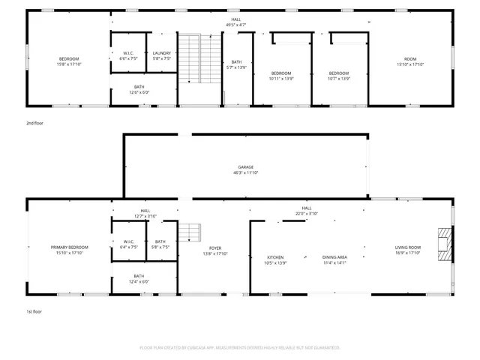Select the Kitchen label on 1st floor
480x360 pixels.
click(275, 259)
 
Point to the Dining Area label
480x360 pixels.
click(334, 259)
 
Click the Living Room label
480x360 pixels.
click(409, 250)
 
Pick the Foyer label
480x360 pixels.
click(215, 250)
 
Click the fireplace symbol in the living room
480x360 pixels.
click(446, 244)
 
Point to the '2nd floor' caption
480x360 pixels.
click(35, 122)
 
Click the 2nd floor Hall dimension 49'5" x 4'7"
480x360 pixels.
click(236, 25)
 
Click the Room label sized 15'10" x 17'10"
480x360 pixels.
click(410, 61)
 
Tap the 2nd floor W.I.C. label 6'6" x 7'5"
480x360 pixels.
click(128, 55)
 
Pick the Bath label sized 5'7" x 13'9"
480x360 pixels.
click(237, 64)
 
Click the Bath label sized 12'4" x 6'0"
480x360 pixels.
click(139, 279)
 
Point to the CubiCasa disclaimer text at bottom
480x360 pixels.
click(240, 347)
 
